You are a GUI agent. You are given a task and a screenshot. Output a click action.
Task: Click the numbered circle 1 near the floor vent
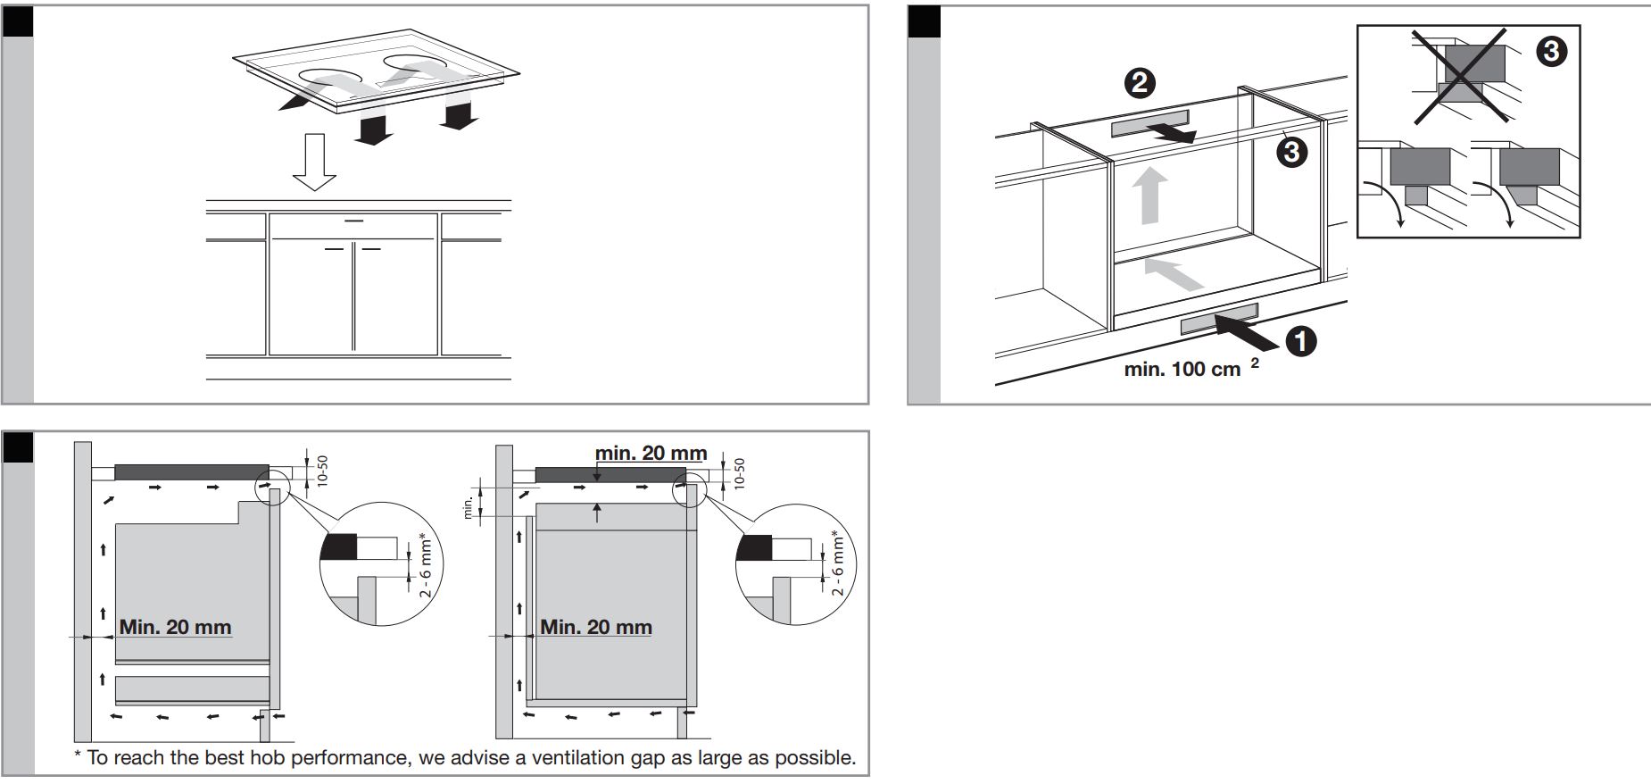[x=1300, y=341]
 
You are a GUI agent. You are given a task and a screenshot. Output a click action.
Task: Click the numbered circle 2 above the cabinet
[x=1140, y=84]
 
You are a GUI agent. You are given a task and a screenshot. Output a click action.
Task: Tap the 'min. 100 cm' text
[x=1182, y=369]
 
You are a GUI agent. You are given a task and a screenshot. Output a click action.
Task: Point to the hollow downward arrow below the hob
[x=314, y=162]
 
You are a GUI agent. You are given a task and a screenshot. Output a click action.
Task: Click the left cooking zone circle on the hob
[x=328, y=82]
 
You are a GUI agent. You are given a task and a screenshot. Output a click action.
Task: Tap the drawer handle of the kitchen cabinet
[x=353, y=221]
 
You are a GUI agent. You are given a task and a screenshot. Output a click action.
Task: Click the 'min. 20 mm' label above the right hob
[x=651, y=454]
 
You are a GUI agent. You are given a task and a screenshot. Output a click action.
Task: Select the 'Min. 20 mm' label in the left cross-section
[x=175, y=627]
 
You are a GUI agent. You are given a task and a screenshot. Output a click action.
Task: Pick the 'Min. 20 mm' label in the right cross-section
[x=596, y=627]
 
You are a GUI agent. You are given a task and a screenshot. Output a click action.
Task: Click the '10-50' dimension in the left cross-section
[x=323, y=470]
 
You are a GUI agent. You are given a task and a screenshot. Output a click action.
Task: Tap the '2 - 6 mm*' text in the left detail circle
[x=426, y=565]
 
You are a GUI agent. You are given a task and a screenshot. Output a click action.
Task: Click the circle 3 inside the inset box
[x=1551, y=52]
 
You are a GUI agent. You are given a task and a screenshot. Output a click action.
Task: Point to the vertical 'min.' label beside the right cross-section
[x=467, y=508]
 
